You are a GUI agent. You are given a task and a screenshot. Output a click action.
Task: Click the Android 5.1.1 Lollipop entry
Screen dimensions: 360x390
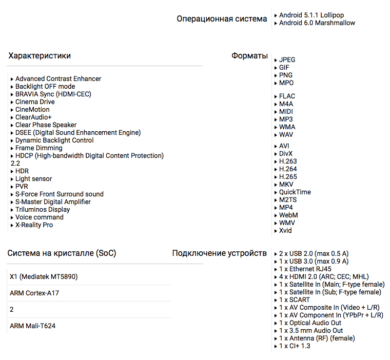coord(311,15)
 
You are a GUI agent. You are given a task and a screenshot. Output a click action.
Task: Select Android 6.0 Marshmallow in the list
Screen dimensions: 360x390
coord(317,23)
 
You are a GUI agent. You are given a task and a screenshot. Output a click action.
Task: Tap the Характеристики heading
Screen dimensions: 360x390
coord(40,56)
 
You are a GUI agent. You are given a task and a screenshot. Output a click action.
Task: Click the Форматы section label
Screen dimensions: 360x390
coord(249,56)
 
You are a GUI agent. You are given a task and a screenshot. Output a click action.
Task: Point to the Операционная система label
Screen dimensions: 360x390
coord(222,19)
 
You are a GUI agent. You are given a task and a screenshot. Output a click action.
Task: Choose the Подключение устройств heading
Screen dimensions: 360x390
coord(219,253)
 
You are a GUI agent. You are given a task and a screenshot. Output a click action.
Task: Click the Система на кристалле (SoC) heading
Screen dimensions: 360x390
coord(62,253)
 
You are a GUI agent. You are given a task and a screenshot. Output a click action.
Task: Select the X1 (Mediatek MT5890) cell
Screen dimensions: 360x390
coord(44,277)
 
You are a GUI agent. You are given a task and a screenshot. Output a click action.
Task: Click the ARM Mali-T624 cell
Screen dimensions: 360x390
coord(32,326)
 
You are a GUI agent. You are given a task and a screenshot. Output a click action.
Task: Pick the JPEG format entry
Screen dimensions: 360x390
coord(287,60)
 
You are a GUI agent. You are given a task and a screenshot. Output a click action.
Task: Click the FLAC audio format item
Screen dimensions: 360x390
coord(287,96)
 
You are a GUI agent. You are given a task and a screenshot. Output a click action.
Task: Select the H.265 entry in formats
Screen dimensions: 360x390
coord(287,177)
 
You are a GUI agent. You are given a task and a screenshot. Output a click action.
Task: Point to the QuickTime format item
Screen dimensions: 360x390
coord(295,192)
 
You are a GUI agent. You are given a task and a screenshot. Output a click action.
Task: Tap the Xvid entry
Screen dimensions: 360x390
coord(285,231)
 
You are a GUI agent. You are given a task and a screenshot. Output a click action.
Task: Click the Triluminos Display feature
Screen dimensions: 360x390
coord(42,210)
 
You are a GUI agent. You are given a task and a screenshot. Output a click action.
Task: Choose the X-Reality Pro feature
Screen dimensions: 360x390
coord(34,225)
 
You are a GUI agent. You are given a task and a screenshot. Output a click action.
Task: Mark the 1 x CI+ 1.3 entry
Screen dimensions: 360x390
coord(295,346)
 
